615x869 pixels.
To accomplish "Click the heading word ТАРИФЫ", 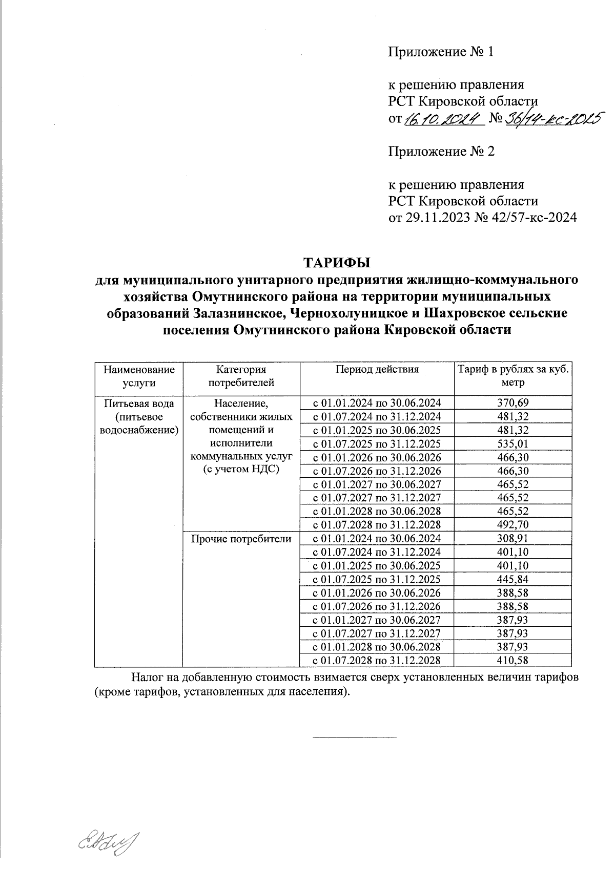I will pyautogui.click(x=337, y=263).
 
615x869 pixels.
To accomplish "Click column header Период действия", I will pyautogui.click(x=377, y=369).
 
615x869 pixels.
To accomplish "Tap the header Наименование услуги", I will pyautogui.click(x=139, y=376).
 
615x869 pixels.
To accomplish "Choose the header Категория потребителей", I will pyautogui.click(x=241, y=376).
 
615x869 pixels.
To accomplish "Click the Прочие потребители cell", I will pyautogui.click(x=241, y=539).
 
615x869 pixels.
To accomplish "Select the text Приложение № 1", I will pyautogui.click(x=440, y=52).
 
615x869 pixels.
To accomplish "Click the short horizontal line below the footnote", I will pyautogui.click(x=355, y=737).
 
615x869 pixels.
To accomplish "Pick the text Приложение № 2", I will pyautogui.click(x=441, y=152).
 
